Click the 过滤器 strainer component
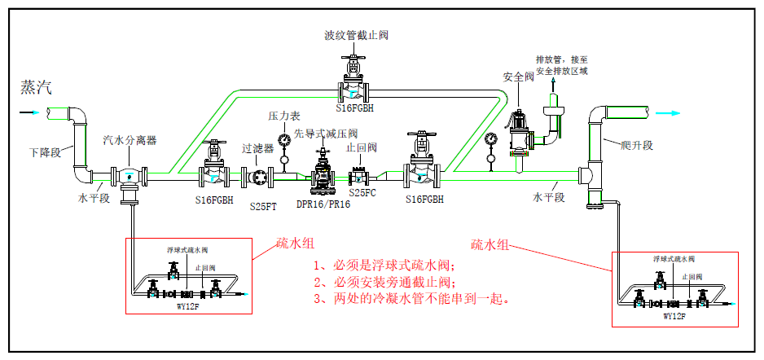(258, 176)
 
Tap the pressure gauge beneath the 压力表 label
(283, 140)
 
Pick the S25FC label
(363, 193)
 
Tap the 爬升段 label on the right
(636, 145)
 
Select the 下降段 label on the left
(46, 152)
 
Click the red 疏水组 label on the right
(491, 244)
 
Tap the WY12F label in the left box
(187, 306)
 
